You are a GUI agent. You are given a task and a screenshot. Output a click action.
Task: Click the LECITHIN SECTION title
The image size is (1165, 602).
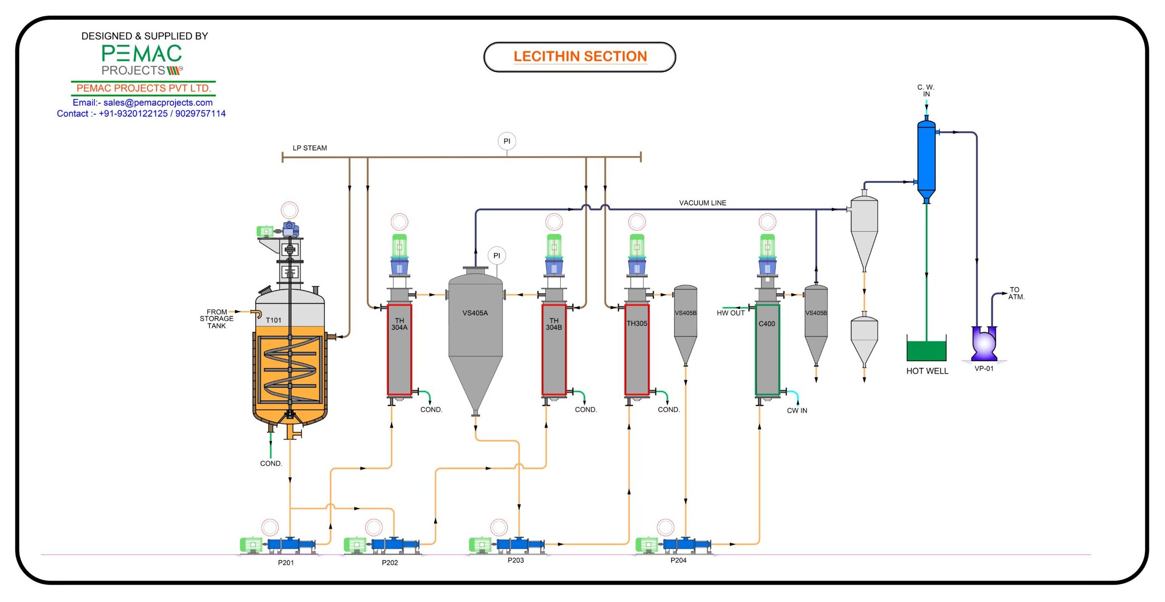click(x=580, y=57)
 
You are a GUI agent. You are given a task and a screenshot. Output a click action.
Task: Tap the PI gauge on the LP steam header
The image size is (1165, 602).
click(x=507, y=141)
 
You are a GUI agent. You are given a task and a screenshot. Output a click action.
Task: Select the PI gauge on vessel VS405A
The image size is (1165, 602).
click(x=496, y=256)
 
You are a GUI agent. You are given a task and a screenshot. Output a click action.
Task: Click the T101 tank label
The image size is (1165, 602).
click(x=273, y=320)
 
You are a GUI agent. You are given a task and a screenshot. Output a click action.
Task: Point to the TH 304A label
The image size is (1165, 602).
click(x=399, y=324)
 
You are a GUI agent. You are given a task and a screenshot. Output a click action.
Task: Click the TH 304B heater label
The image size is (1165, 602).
click(x=554, y=324)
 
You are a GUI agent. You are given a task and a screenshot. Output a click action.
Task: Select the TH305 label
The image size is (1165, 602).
click(x=637, y=323)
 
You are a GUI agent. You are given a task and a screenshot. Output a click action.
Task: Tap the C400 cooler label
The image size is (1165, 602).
click(x=767, y=324)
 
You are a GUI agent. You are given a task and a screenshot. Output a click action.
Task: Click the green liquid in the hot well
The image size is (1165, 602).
click(x=926, y=351)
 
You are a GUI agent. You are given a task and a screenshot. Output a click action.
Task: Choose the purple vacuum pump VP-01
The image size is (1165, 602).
click(x=984, y=344)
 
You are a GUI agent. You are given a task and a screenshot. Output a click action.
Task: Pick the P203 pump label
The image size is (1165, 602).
click(x=515, y=560)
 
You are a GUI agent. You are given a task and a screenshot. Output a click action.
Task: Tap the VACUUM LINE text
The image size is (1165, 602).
click(x=702, y=203)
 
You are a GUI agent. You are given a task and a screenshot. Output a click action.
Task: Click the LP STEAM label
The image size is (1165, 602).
click(x=309, y=148)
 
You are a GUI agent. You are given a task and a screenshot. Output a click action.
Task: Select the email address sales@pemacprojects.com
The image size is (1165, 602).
click(x=158, y=103)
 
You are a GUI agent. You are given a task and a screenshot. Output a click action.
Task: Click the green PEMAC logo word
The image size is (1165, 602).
click(x=142, y=53)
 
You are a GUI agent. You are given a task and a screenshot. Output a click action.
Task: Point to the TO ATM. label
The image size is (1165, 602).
click(x=1016, y=294)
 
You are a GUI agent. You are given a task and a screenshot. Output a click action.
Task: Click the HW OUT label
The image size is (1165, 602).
click(x=730, y=313)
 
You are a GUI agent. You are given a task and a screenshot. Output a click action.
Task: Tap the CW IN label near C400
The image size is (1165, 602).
click(x=797, y=411)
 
